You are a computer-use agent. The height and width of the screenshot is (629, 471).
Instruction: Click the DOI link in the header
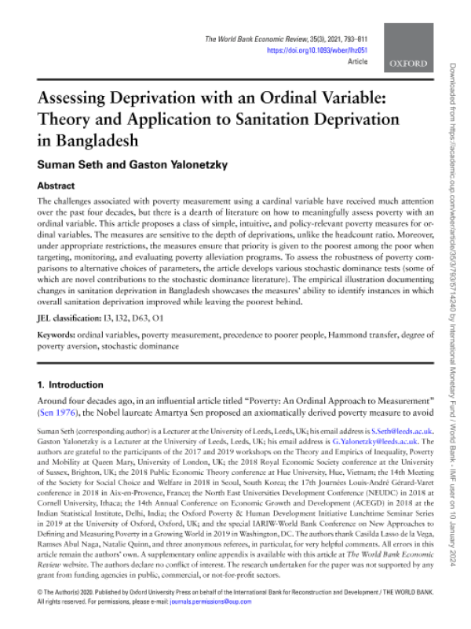click(x=318, y=50)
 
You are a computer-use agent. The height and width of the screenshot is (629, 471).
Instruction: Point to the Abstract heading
click(x=58, y=187)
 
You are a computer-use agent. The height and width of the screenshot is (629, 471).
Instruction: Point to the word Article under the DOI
click(x=357, y=61)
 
